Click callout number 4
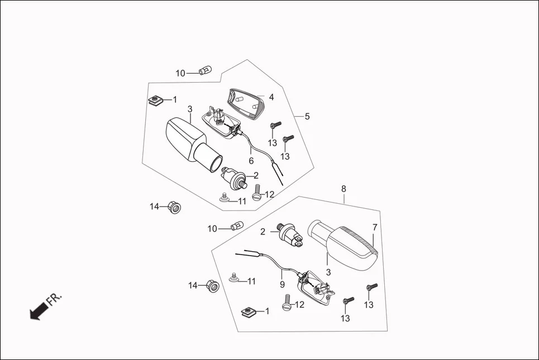click(271, 97)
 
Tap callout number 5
click(307, 117)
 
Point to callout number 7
click(375, 227)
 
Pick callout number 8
click(344, 189)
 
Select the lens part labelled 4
click(246, 103)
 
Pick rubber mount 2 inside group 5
click(234, 177)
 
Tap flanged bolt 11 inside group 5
click(225, 198)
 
